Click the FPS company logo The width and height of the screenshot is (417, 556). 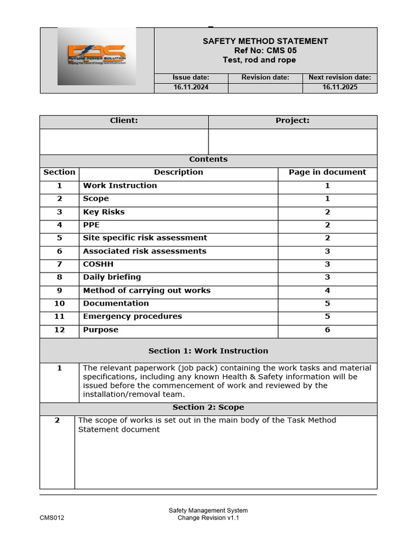pyautogui.click(x=97, y=56)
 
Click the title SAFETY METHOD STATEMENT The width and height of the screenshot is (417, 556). pyautogui.click(x=265, y=41)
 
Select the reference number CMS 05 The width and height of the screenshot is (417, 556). pyautogui.click(x=265, y=50)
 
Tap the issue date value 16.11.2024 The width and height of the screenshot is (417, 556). pyautogui.click(x=191, y=87)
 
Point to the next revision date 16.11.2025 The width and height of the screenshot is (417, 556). pyautogui.click(x=339, y=87)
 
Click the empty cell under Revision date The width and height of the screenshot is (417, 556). pyautogui.click(x=265, y=87)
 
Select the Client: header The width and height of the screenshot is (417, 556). pyautogui.click(x=124, y=121)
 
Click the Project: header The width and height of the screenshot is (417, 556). pyautogui.click(x=292, y=121)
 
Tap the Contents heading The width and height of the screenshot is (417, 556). pyautogui.click(x=208, y=160)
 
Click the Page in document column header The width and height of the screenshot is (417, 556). pyautogui.click(x=327, y=173)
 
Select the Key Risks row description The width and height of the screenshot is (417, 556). pyautogui.click(x=104, y=212)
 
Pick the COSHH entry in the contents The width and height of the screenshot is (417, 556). pyautogui.click(x=98, y=264)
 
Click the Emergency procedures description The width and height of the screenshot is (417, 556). pyautogui.click(x=132, y=317)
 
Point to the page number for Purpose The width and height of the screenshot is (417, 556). pyautogui.click(x=327, y=330)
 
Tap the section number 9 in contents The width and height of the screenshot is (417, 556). pyautogui.click(x=59, y=290)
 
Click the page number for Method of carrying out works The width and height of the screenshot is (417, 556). pyautogui.click(x=327, y=290)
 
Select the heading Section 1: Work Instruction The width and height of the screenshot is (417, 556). pyautogui.click(x=208, y=351)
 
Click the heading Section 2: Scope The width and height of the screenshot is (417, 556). pyautogui.click(x=208, y=407)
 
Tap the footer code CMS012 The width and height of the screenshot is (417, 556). pyautogui.click(x=52, y=518)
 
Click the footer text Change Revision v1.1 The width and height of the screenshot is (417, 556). pyautogui.click(x=208, y=518)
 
